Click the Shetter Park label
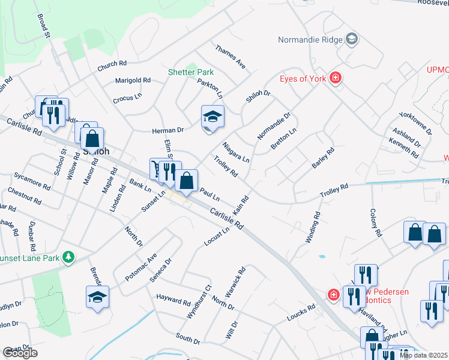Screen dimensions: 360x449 pyautogui.click(x=190, y=73)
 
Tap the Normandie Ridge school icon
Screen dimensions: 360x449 pyautogui.click(x=352, y=40)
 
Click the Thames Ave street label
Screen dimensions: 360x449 pyautogui.click(x=231, y=56)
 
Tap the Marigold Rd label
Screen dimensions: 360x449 pyautogui.click(x=133, y=80)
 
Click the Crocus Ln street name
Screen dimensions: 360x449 pyautogui.click(x=127, y=97)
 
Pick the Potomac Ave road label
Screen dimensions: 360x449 pyautogui.click(x=141, y=267)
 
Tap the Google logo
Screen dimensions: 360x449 pyautogui.click(x=20, y=353)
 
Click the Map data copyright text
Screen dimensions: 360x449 pyautogui.click(x=424, y=355)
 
